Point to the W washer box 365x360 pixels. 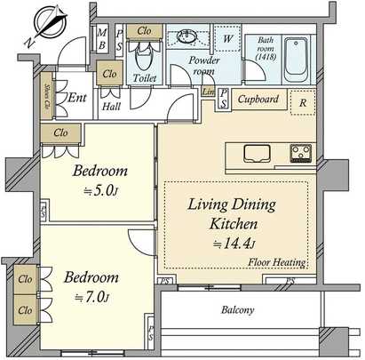(x=228, y=39)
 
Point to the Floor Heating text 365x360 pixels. (x=278, y=262)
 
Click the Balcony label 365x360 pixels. (x=237, y=310)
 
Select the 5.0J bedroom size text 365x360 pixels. (x=100, y=189)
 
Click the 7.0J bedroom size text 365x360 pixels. (x=94, y=295)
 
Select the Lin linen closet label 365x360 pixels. (x=209, y=93)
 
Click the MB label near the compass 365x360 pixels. (x=103, y=39)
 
